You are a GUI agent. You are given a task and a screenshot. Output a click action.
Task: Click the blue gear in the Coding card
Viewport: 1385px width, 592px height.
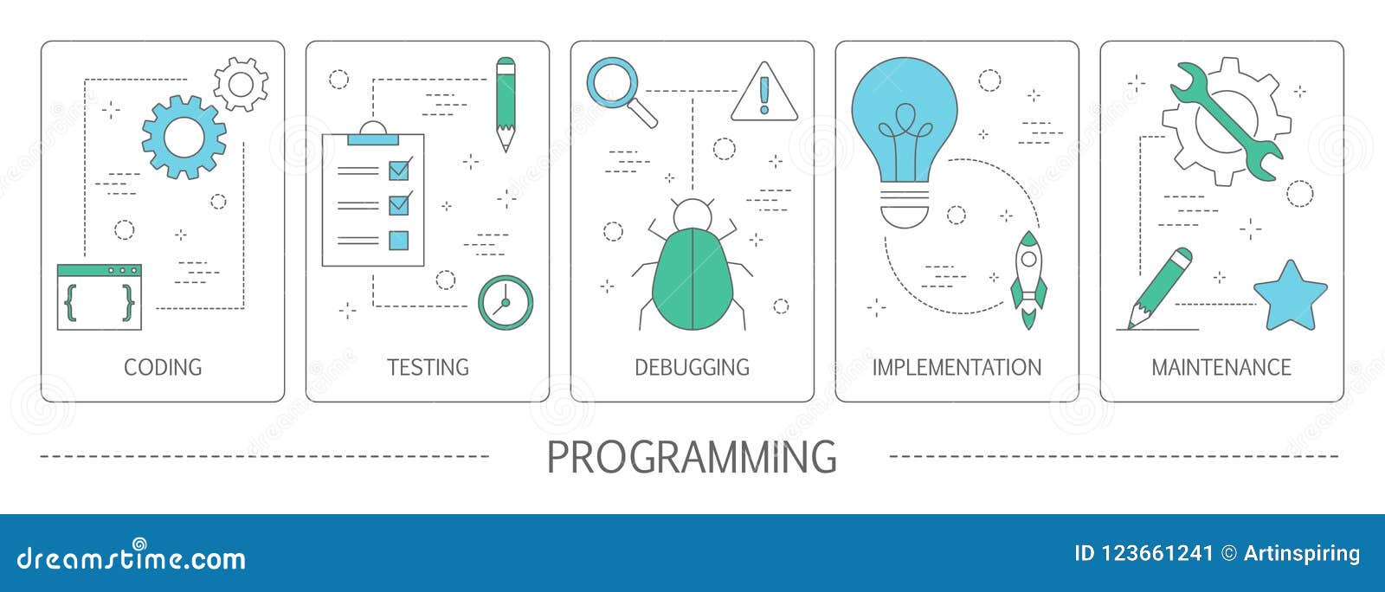click(x=184, y=137)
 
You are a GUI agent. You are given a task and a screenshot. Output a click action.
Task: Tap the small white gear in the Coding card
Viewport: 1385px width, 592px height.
click(x=241, y=84)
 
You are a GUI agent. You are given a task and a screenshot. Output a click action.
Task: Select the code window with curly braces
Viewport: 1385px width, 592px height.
click(x=99, y=298)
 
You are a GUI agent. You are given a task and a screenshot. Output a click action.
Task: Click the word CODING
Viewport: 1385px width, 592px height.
click(x=163, y=367)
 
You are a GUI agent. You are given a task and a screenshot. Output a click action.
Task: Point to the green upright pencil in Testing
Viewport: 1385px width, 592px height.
click(x=506, y=103)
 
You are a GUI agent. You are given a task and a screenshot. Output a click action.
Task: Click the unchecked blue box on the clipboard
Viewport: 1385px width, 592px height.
click(x=398, y=240)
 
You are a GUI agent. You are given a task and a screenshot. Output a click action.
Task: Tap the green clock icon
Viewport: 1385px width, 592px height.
click(x=506, y=302)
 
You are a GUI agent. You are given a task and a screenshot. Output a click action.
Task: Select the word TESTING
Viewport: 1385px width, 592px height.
click(x=428, y=367)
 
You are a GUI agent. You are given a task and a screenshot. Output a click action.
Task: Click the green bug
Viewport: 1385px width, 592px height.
click(x=692, y=273)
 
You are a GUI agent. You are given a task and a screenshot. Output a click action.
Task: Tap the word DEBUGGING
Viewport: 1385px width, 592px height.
click(x=692, y=367)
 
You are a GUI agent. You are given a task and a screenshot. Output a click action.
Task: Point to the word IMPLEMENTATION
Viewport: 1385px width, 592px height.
click(x=957, y=367)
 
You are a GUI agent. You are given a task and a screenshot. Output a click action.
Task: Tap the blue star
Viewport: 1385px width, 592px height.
click(x=1290, y=297)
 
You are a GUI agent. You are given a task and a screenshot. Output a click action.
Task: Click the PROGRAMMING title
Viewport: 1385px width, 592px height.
click(x=692, y=457)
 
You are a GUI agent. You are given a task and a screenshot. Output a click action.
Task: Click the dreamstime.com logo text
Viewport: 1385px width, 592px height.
click(x=132, y=557)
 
